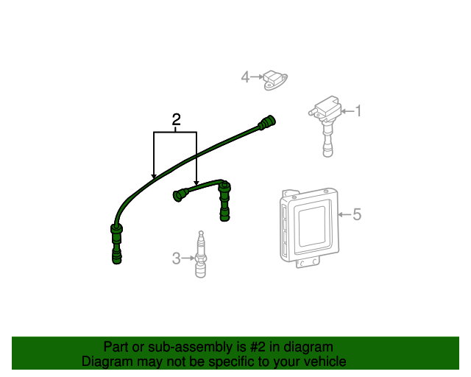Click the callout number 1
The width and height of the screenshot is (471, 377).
[358, 111]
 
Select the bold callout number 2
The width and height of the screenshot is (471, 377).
[177, 119]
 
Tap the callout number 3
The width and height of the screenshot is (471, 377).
[177, 258]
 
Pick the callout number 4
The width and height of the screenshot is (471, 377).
[245, 77]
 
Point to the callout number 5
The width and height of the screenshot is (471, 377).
[356, 214]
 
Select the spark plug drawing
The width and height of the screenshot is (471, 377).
[201, 254]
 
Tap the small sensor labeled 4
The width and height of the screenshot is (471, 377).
[275, 80]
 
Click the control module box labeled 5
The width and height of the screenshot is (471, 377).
[309, 227]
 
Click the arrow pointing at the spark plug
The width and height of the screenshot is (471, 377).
[188, 258]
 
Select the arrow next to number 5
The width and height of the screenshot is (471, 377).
[344, 214]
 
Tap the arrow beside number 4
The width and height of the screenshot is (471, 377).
[257, 77]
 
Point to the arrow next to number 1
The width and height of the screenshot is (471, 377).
[348, 111]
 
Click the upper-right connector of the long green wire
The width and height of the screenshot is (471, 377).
[266, 122]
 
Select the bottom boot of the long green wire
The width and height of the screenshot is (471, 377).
[116, 244]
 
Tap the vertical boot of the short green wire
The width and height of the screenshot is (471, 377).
[224, 201]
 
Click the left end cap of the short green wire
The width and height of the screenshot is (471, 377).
[180, 195]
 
